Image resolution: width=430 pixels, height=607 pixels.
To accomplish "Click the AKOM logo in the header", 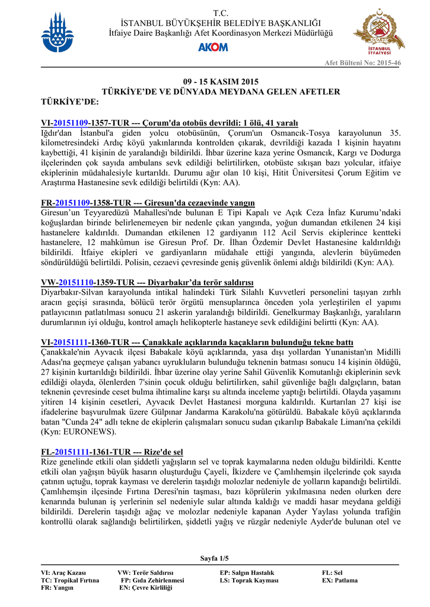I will (x=215, y=47).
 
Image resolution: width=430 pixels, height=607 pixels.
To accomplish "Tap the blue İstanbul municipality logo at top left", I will (x=58, y=33).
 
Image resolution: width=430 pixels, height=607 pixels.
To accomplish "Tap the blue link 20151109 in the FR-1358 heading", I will (x=72, y=203).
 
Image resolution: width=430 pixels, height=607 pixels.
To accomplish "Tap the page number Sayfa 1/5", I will (x=214, y=558).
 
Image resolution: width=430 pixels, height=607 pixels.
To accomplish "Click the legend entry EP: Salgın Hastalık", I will (x=247, y=573).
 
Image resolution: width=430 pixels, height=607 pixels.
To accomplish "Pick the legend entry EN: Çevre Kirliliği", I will (x=145, y=588).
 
